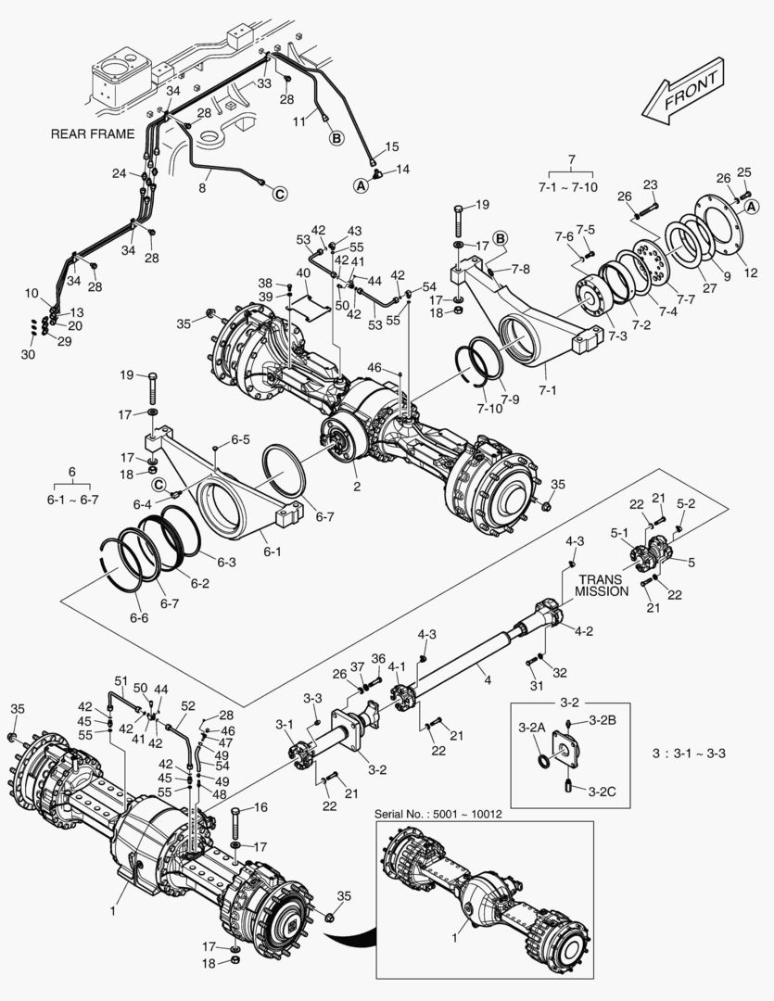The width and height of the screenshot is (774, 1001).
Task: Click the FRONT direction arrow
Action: (682, 93)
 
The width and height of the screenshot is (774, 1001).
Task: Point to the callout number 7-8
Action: (522, 269)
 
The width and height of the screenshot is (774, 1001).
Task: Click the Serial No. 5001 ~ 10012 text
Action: (438, 814)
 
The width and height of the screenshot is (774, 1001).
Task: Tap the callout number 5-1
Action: (618, 533)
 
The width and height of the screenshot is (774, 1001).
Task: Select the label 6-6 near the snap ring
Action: (140, 617)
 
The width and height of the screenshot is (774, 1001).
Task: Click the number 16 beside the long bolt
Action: (260, 808)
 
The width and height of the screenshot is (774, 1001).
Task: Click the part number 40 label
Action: (302, 273)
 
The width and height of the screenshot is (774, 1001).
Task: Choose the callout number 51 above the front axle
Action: (119, 680)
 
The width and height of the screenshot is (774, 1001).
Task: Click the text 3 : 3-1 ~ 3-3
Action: (689, 753)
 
